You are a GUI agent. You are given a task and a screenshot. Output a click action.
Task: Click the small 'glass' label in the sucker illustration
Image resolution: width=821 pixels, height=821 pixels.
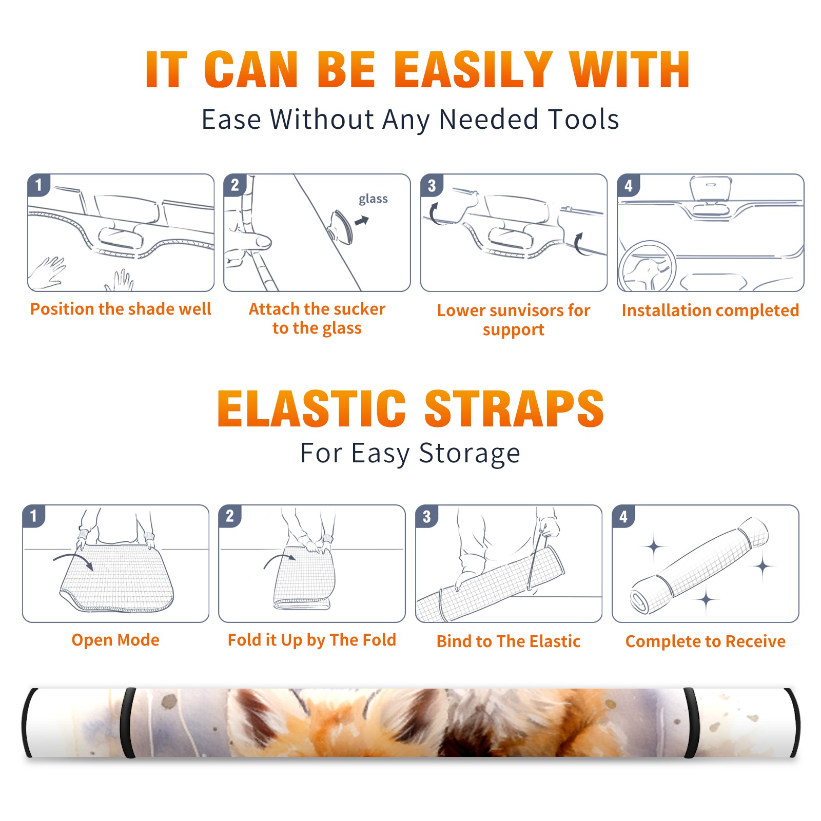click(x=373, y=199)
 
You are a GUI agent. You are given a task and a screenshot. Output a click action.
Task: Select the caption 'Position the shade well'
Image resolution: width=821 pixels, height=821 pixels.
click(x=121, y=309)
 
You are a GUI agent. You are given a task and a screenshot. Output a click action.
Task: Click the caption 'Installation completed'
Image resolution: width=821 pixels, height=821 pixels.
click(x=710, y=310)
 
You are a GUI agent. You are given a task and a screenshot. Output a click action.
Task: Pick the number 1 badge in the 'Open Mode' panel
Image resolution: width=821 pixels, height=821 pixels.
click(x=34, y=516)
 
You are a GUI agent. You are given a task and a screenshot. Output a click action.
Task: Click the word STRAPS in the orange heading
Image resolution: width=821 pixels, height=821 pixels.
click(x=514, y=408)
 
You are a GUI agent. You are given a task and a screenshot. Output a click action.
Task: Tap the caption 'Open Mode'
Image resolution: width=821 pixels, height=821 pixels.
click(x=115, y=640)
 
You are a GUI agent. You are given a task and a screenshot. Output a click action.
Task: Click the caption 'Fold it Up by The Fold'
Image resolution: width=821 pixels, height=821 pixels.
click(x=312, y=640)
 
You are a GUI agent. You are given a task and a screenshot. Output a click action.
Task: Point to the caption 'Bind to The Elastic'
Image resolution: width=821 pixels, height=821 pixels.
click(x=509, y=641)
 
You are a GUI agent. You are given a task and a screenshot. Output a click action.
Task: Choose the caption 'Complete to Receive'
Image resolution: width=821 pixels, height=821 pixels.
click(x=706, y=641)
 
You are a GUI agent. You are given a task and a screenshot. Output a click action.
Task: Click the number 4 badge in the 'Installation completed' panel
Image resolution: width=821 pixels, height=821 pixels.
click(x=629, y=186)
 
